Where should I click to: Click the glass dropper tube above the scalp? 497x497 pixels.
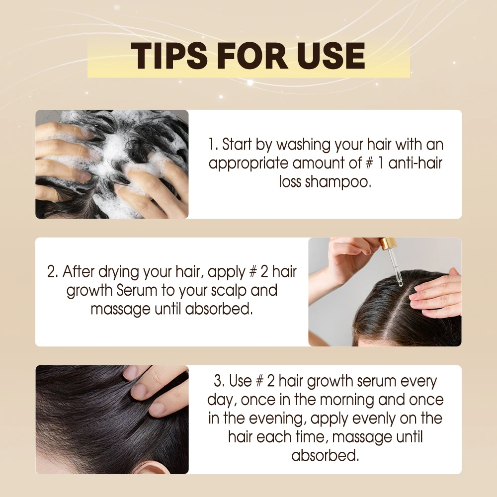click(398, 268)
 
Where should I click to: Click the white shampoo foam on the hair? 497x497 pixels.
click(119, 149)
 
